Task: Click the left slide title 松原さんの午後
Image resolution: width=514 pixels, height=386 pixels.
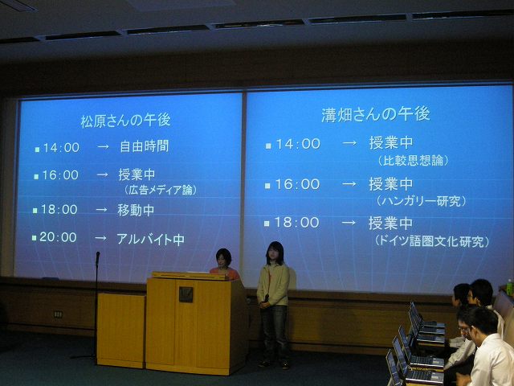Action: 125,121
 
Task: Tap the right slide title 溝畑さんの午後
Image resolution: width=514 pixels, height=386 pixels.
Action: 376,115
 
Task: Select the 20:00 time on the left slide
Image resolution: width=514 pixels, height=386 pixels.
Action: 58,237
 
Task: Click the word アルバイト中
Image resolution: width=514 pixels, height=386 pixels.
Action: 150,240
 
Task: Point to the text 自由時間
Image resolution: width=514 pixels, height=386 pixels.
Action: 145,146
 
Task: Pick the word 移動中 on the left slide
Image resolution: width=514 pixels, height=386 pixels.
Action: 136,211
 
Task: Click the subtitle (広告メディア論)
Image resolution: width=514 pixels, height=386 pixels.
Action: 161,190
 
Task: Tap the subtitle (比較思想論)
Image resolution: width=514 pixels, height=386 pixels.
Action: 413,161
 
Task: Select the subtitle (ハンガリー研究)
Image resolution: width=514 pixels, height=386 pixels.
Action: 421,201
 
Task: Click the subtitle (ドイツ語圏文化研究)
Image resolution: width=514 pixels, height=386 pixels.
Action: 432,241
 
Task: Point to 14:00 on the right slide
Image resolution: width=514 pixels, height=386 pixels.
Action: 298,144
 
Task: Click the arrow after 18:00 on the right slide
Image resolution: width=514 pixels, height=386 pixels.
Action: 349,223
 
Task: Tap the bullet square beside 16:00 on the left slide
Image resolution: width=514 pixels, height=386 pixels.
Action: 36,177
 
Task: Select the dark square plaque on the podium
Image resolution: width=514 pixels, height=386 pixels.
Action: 186,294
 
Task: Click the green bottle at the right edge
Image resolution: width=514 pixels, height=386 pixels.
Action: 509,287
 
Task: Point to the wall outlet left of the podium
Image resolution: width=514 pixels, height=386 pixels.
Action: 58,314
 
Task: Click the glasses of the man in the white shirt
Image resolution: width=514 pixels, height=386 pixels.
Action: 464,328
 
